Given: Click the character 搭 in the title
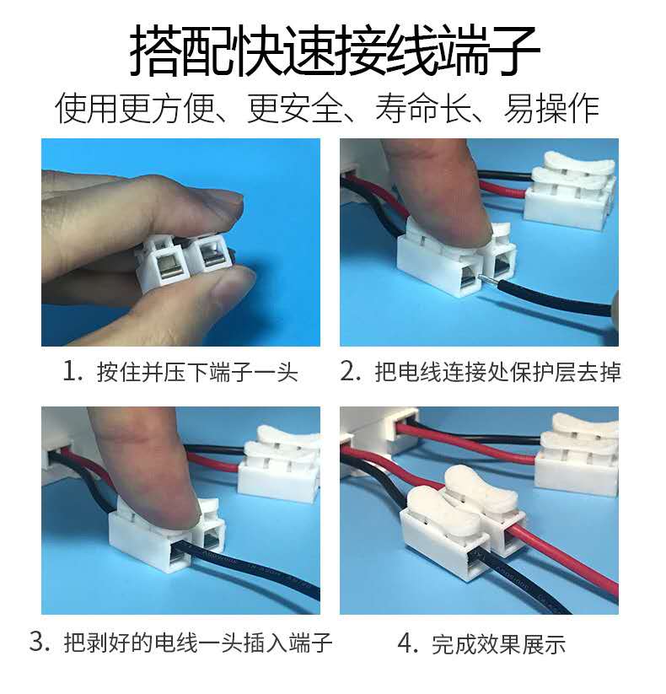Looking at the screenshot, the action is [x=155, y=50].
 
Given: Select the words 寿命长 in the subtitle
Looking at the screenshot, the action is [x=423, y=109].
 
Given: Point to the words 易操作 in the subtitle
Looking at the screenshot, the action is [x=552, y=109].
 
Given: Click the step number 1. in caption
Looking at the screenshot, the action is [x=73, y=371].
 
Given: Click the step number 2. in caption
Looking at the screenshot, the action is [x=352, y=371].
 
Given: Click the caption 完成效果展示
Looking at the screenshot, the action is [x=499, y=644].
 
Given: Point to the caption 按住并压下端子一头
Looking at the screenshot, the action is [x=197, y=372].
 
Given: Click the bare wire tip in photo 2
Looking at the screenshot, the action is [x=488, y=278].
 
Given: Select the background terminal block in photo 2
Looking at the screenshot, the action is [x=570, y=191].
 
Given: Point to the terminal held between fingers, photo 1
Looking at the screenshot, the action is [x=184, y=261].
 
